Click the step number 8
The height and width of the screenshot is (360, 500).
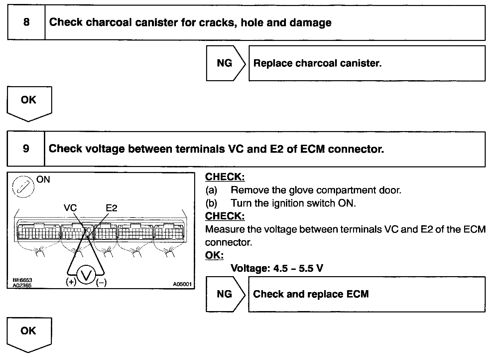[x=26, y=22]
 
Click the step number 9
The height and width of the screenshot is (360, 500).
[x=26, y=148]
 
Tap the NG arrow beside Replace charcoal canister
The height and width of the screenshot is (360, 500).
[x=225, y=63]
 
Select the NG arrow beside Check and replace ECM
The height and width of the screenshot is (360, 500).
[x=225, y=294]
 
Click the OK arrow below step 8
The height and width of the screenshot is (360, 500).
[x=29, y=101]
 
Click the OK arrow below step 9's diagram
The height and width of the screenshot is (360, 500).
[x=29, y=332]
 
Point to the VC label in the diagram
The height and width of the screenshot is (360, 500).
[x=70, y=208]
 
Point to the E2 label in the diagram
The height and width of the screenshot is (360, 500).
[x=111, y=208]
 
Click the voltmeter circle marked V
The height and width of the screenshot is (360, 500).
[x=86, y=275]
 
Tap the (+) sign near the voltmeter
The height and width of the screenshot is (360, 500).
[x=71, y=282]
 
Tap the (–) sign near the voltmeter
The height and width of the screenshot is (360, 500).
[x=101, y=283]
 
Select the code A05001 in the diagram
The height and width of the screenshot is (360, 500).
[x=182, y=284]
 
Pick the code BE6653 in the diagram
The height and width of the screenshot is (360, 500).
[x=22, y=280]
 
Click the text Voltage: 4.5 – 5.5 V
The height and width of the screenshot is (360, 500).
[x=277, y=268]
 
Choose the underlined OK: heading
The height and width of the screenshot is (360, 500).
[x=214, y=255]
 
